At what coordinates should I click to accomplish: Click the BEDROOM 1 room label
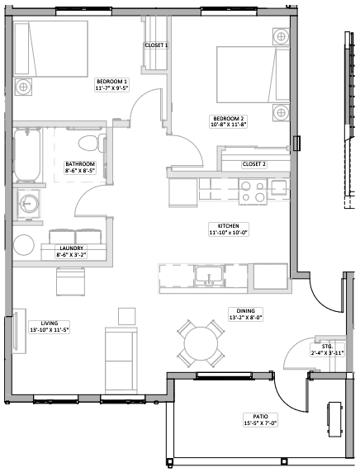111,82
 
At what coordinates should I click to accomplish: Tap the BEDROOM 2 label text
229,119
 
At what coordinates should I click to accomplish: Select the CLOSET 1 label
156,45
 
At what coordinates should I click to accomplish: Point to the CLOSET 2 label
254,164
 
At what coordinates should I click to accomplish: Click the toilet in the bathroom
92,143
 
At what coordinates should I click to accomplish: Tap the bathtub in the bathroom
27,155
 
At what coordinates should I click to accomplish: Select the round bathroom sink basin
28,204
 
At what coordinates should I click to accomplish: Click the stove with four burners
253,191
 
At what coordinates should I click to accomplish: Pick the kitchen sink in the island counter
208,275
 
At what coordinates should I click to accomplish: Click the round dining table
201,343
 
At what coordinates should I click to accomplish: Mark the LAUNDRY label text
71,248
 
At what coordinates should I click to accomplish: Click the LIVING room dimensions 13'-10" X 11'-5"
50,330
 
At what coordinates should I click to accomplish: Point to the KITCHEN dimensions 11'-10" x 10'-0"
229,233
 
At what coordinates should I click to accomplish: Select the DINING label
245,311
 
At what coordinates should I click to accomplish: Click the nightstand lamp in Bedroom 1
23,87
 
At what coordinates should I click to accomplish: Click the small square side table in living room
126,316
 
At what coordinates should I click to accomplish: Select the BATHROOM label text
80,164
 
